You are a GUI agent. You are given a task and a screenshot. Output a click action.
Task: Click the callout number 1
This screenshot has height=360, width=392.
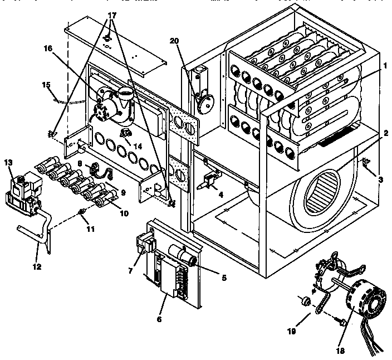tap(384, 65)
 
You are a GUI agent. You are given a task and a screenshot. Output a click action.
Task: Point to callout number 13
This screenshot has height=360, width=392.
tap(8, 162)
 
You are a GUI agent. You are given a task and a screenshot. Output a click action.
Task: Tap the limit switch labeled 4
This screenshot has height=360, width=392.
tap(209, 181)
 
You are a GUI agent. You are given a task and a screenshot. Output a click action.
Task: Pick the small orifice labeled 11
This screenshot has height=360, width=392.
tap(82, 211)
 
